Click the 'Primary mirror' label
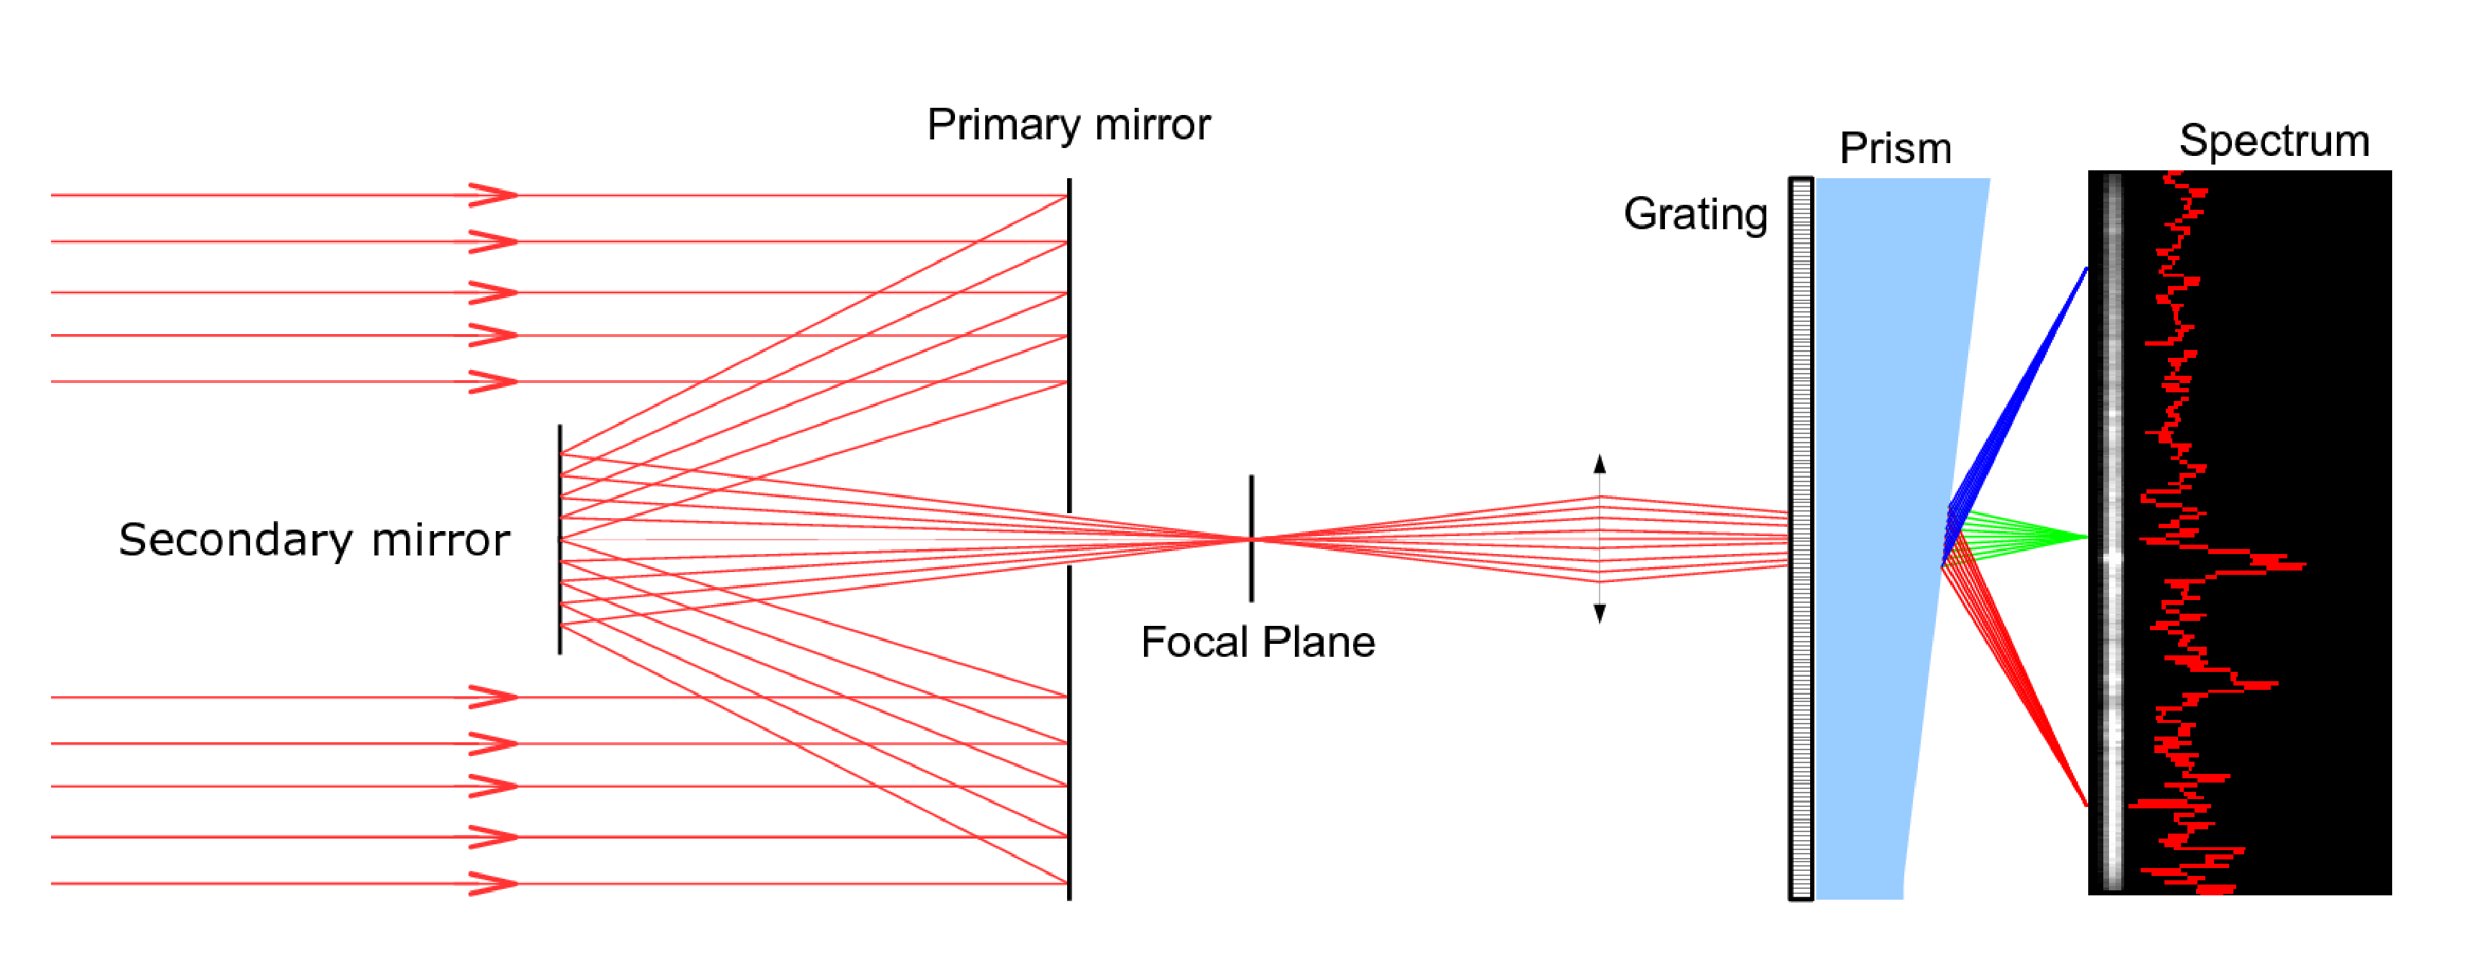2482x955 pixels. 1068,125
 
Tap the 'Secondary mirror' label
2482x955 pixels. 314,540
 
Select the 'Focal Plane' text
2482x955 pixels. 1258,642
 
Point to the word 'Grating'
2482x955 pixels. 1696,215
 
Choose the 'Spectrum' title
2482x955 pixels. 2274,141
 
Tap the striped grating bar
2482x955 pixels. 1801,539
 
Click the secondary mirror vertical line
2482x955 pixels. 560,540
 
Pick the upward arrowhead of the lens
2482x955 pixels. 1600,463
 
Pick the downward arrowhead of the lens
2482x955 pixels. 1600,613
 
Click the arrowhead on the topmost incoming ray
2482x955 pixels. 494,195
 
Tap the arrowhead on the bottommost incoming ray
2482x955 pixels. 494,882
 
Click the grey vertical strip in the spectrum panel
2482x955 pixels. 2111,533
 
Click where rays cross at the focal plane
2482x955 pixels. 1252,539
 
